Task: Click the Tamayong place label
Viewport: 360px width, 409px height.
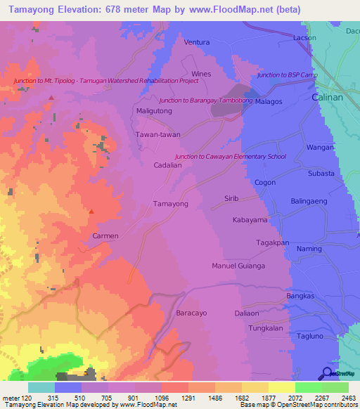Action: [x=170, y=204]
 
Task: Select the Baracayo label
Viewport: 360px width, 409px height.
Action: [x=192, y=313]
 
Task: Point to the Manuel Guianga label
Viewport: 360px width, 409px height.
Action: [x=238, y=266]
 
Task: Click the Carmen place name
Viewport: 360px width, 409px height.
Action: [x=105, y=236]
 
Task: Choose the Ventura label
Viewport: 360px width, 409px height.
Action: [x=197, y=42]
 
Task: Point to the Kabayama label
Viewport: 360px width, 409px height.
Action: [x=250, y=220]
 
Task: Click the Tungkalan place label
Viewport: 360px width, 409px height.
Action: [x=266, y=328]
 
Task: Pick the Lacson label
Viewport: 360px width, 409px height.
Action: [x=304, y=38]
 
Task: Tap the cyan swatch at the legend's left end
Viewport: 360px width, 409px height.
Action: [x=41, y=387]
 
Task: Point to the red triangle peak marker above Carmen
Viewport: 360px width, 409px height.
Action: [x=91, y=210]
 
